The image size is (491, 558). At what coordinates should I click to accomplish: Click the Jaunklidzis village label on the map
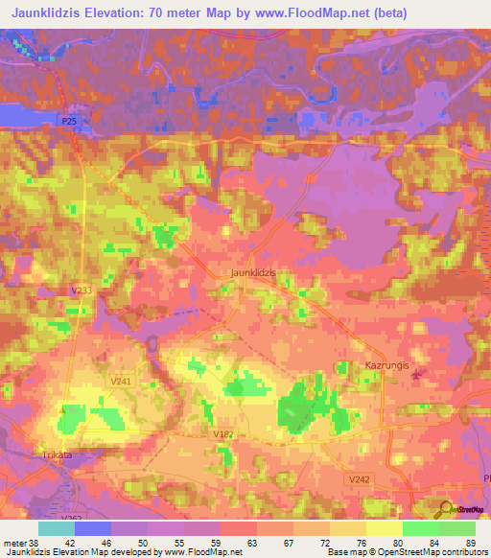click(x=253, y=272)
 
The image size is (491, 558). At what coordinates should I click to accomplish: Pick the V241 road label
click(x=121, y=381)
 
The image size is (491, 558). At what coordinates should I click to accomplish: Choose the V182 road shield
click(x=222, y=434)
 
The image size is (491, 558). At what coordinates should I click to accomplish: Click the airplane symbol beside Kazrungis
click(x=414, y=374)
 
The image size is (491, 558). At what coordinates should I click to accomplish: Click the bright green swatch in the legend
click(x=420, y=528)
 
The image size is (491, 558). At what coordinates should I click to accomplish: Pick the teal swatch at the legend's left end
click(x=57, y=528)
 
